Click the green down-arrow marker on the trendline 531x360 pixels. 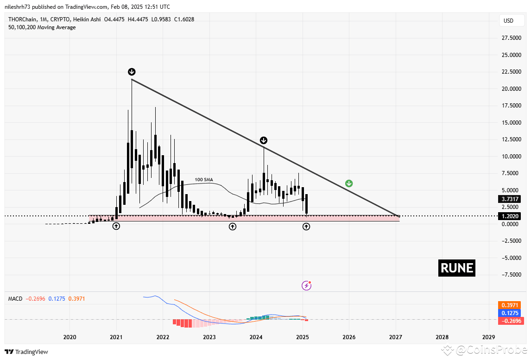tap(349, 183)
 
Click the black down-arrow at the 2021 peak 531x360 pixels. tap(132, 71)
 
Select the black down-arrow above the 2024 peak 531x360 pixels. tap(263, 140)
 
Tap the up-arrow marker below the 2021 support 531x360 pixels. tap(116, 226)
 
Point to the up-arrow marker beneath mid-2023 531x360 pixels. tap(232, 226)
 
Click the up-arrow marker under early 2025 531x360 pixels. tap(306, 226)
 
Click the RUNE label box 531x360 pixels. tap(456, 268)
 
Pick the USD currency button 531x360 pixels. tap(508, 21)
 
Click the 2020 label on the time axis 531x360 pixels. tap(70, 337)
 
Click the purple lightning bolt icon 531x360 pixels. tap(306, 285)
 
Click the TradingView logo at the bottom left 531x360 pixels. tap(26, 352)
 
